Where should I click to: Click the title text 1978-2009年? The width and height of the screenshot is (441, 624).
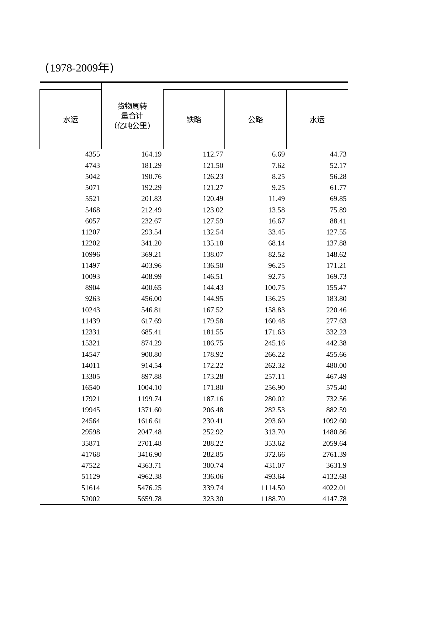coord(79,68)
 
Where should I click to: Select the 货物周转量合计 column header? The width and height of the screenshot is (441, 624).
coord(132,116)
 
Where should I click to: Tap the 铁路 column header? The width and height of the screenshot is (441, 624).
coord(194,120)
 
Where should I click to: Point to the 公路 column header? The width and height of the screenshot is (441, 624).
coord(255,120)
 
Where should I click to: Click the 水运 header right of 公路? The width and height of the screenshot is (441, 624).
coord(317,120)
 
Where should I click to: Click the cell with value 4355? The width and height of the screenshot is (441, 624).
coord(92,154)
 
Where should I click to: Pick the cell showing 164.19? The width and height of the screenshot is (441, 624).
coord(151,154)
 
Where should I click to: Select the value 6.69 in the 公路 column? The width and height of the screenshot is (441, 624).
coord(278,154)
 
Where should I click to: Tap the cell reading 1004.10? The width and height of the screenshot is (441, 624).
coord(149,387)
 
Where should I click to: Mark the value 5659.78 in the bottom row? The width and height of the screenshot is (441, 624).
coord(149,499)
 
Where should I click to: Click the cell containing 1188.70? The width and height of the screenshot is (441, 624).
coord(273,499)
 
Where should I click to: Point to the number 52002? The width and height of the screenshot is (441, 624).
coord(91,499)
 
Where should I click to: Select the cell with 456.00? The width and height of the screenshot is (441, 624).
coord(151,298)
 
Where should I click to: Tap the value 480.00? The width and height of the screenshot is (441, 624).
coord(336,365)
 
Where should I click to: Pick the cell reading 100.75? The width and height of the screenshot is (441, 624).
coord(275,287)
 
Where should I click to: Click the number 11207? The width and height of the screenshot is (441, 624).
coord(91,232)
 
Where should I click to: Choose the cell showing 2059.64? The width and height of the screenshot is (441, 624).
coord(334,443)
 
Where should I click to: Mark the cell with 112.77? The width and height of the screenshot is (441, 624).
coord(213,154)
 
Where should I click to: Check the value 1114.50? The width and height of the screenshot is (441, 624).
coord(273,488)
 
